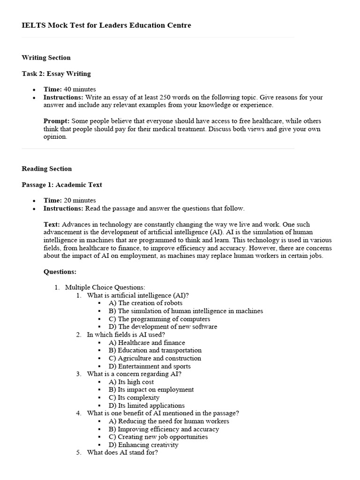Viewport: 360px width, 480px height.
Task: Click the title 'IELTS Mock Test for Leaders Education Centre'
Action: (106, 25)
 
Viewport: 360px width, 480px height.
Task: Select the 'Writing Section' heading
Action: (46, 58)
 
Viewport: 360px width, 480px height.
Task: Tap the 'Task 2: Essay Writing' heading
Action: (56, 74)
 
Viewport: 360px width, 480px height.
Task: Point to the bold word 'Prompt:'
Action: (56, 121)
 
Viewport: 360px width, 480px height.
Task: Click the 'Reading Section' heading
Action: (46, 169)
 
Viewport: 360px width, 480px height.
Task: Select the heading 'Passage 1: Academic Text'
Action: (61, 185)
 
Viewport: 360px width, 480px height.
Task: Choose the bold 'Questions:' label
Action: (60, 271)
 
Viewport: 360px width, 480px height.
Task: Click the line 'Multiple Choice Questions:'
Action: (105, 287)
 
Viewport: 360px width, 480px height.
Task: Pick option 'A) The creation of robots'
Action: (145, 303)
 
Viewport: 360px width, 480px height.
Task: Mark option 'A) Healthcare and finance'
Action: (147, 343)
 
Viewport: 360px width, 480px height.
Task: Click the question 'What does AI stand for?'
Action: (122, 453)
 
